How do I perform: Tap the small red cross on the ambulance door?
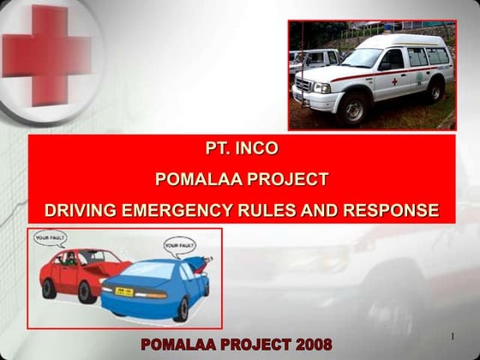click(x=394, y=82)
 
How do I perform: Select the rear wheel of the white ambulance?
click(x=435, y=91)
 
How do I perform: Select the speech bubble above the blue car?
click(x=179, y=245)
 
